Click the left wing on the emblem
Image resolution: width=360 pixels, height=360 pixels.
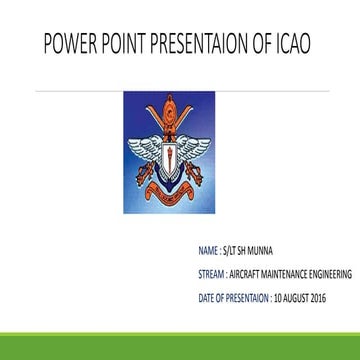coord(139,145)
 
